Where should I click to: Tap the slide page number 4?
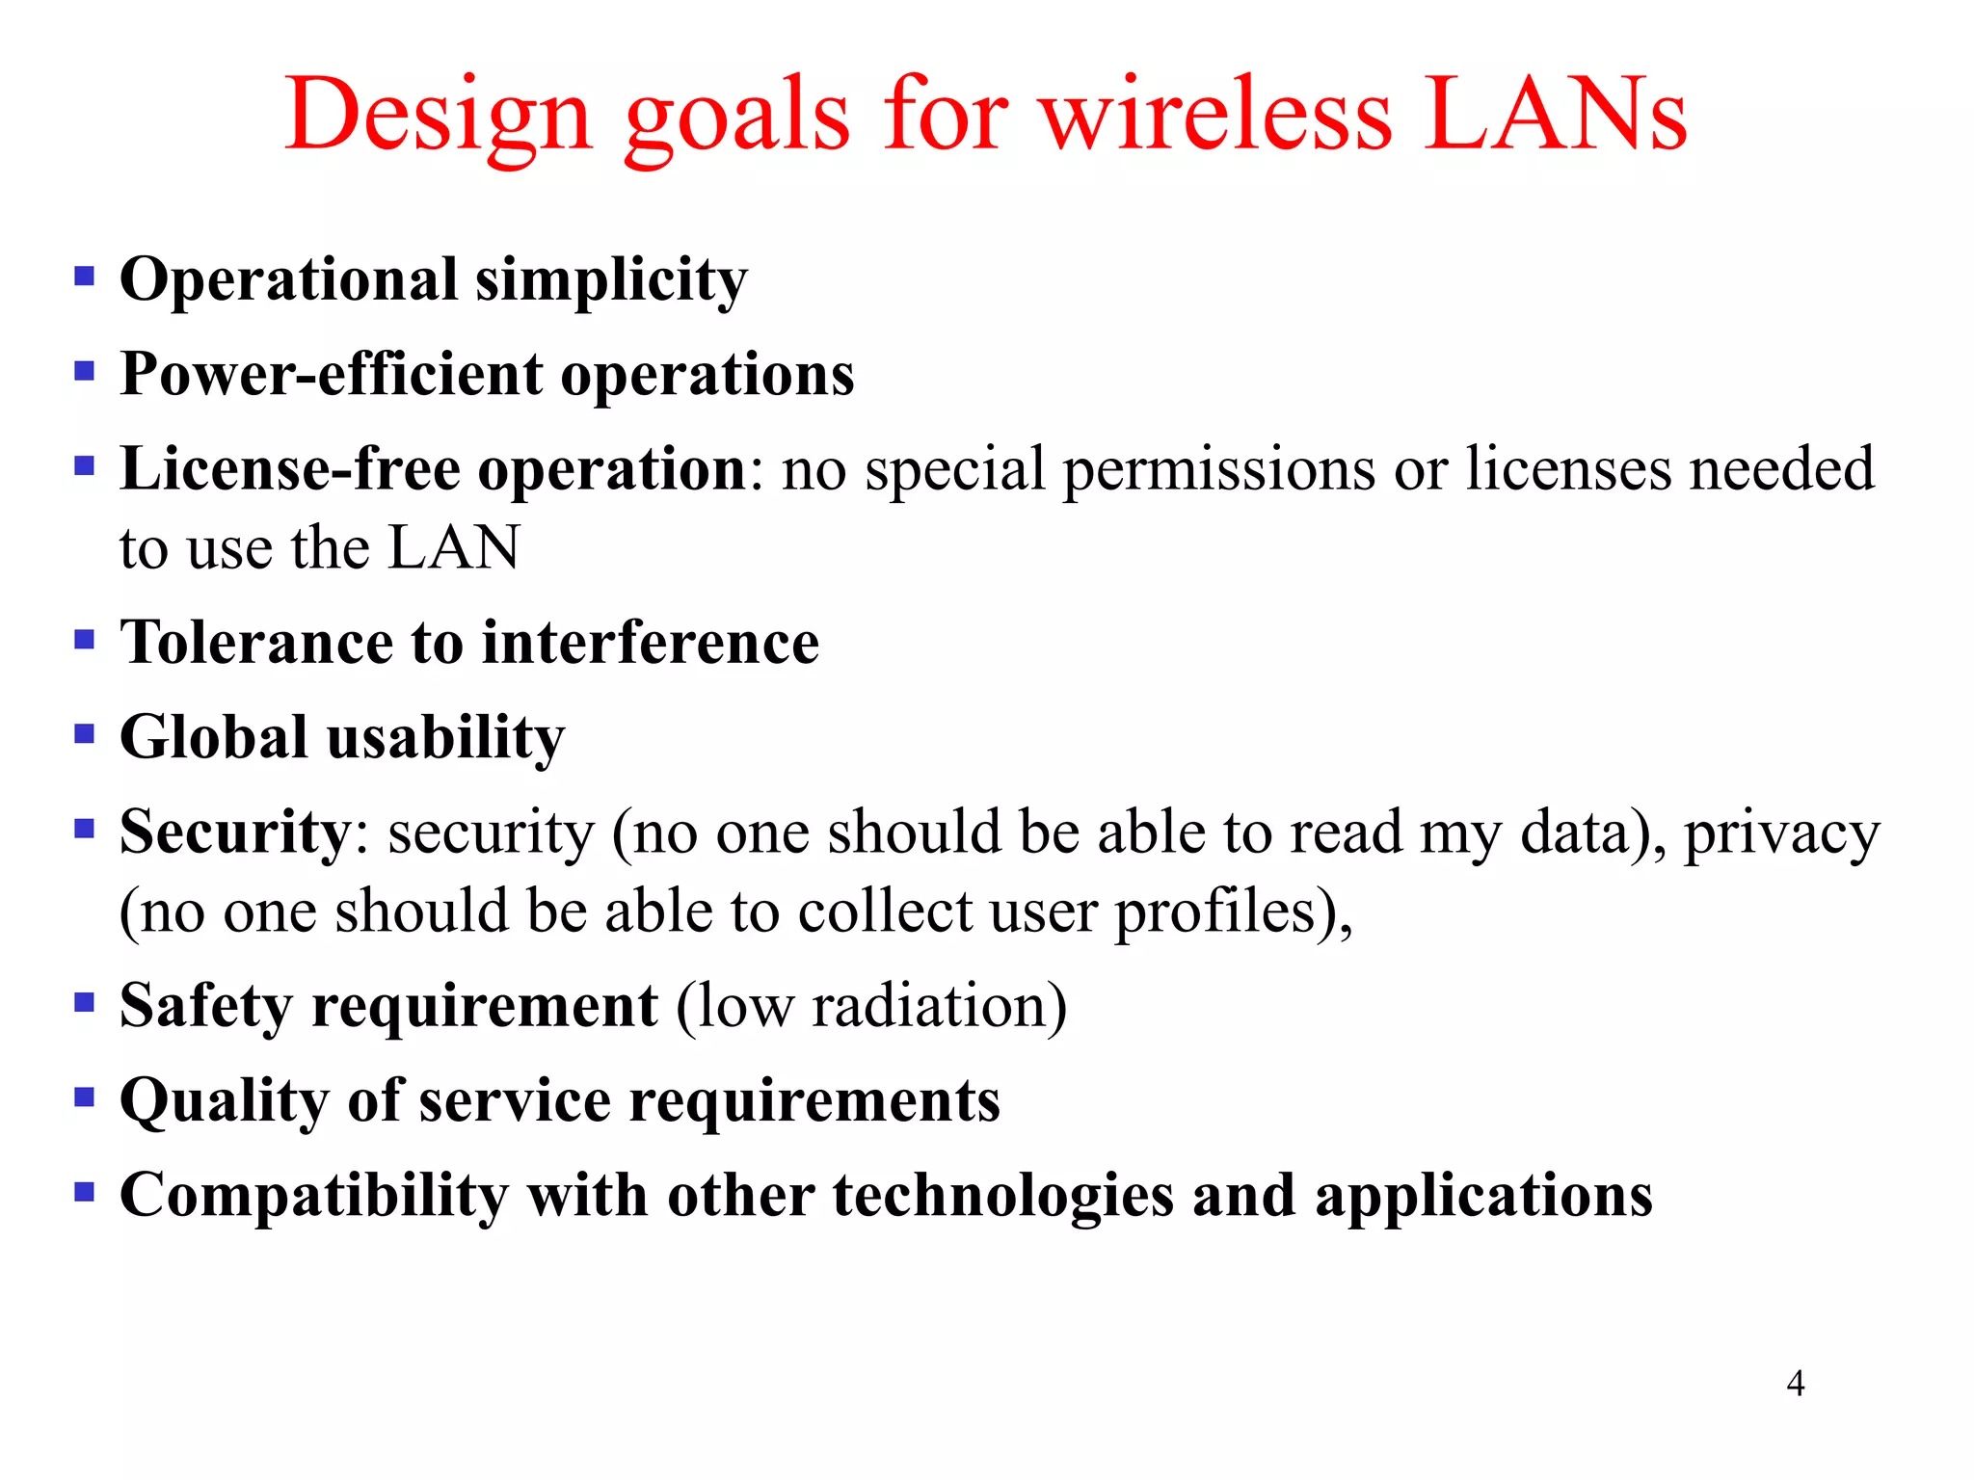click(x=1795, y=1384)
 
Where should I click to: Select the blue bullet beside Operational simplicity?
click(x=85, y=277)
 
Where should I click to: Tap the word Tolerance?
click(x=256, y=642)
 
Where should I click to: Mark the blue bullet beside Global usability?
click(x=85, y=734)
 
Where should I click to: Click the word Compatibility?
click(x=313, y=1196)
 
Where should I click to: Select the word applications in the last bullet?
click(x=1483, y=1196)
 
